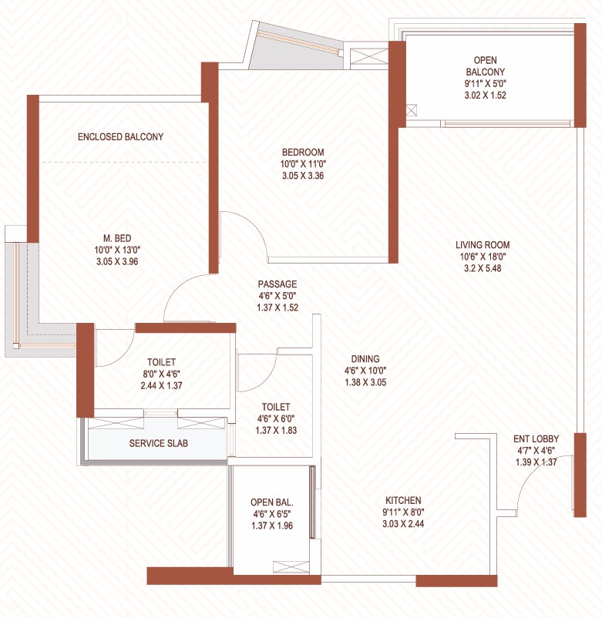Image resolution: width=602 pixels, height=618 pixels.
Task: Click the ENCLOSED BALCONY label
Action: (x=120, y=137)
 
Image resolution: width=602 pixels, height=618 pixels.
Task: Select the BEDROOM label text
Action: (x=302, y=152)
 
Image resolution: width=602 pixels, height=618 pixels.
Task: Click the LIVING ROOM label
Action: (x=483, y=245)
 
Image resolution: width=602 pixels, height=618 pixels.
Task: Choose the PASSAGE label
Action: (x=277, y=284)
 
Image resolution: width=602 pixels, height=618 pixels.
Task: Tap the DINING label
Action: (x=365, y=358)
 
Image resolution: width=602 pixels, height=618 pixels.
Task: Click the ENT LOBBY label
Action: (x=537, y=439)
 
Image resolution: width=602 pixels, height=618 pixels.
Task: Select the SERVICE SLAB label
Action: (x=158, y=444)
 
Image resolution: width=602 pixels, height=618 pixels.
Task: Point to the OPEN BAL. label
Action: (x=272, y=503)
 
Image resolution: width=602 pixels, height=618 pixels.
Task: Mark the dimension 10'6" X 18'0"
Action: (x=483, y=257)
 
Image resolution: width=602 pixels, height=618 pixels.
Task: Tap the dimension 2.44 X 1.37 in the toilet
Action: (x=161, y=385)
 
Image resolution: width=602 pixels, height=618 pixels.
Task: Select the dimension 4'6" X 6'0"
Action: (x=275, y=418)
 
